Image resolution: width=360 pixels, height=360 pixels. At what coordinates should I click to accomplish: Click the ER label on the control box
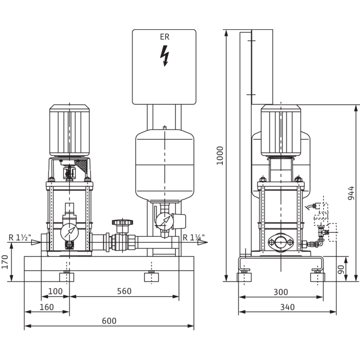point(164,36)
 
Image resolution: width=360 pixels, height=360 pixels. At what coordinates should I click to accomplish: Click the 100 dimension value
point(56,292)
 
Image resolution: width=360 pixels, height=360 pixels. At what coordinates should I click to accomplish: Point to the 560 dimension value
point(124,292)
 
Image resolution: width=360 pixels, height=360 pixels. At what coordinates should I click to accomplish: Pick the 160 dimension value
point(47,307)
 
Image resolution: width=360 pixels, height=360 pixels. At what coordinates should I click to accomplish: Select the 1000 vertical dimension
point(220,156)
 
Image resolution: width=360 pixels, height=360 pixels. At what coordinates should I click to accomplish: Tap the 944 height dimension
point(351,192)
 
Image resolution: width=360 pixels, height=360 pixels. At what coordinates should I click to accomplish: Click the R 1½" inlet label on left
point(19,236)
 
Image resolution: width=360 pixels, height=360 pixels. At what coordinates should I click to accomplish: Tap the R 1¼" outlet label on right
point(193,236)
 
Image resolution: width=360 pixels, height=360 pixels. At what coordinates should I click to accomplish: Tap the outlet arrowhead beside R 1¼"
point(207,243)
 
